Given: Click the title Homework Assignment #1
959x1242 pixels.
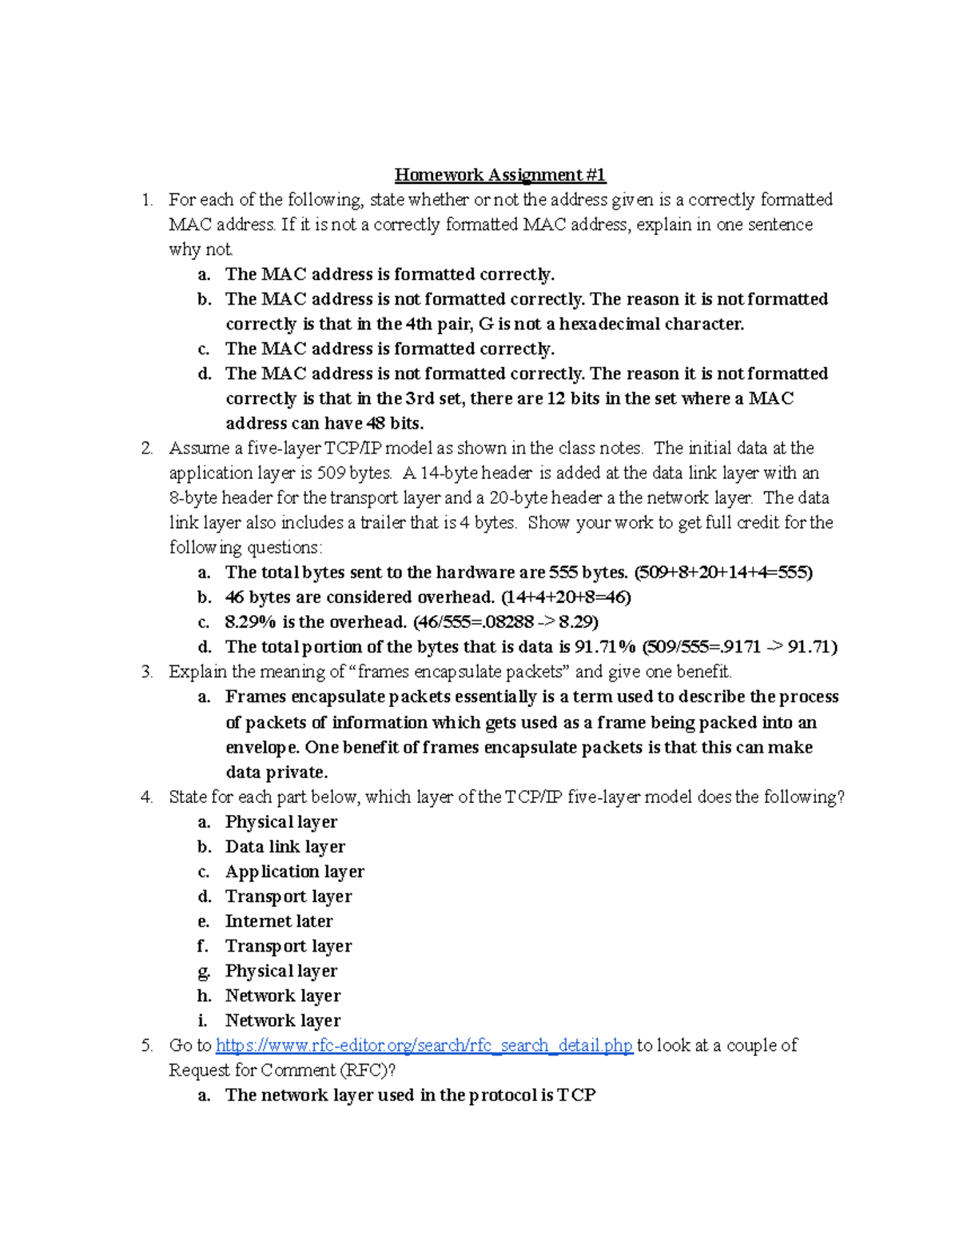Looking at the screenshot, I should [500, 175].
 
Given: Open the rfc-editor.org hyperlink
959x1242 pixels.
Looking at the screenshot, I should [424, 1045].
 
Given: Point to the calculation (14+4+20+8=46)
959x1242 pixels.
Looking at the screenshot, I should [566, 597].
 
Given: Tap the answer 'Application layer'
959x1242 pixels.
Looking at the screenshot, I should [295, 872].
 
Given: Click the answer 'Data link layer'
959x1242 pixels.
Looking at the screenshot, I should [285, 847].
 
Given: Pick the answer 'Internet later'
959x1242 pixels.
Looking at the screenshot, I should [279, 921].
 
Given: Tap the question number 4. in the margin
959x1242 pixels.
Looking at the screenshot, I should [146, 797].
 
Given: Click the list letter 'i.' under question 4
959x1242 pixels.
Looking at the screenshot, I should [203, 1020].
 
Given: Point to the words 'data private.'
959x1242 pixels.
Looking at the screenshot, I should [277, 773].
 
